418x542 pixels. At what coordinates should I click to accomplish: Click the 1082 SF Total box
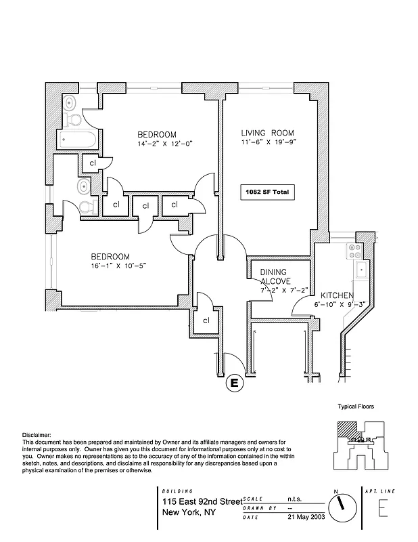pyautogui.click(x=267, y=192)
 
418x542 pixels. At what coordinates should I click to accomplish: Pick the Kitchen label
pyautogui.click(x=335, y=295)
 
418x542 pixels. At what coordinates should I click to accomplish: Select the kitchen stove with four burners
pyautogui.click(x=355, y=252)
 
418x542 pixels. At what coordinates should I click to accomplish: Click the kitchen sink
pyautogui.click(x=361, y=270)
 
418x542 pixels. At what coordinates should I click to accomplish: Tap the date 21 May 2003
pyautogui.click(x=302, y=518)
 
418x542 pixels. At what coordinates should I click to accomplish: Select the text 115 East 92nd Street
pyautogui.click(x=202, y=501)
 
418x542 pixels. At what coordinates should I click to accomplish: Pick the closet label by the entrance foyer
pyautogui.click(x=206, y=321)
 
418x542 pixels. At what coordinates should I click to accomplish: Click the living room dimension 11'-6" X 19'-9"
pyautogui.click(x=268, y=144)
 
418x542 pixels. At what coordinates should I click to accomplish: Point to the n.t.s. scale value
pyautogui.click(x=295, y=497)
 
